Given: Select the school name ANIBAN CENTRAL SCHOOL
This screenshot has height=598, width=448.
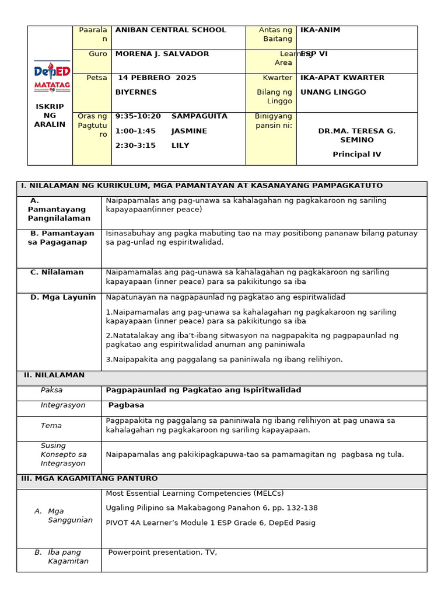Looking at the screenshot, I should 170,30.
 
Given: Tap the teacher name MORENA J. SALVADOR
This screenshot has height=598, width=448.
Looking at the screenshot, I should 162,54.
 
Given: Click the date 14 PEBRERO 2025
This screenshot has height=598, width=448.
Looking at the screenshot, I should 157,78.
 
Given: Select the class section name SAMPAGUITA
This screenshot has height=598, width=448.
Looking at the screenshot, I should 199,116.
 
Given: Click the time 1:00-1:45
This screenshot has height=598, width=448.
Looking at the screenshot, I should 135,131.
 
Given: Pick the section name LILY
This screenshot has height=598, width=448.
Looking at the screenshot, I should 180,145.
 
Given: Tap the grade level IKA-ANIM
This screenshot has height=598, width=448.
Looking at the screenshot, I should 320,30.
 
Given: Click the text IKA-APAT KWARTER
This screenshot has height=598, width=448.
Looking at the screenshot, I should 342,78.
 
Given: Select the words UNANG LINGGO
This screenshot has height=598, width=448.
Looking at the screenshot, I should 333,92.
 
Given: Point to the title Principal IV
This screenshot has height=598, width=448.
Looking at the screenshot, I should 356,154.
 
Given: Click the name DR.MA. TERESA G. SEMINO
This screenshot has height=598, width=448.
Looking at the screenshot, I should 356,135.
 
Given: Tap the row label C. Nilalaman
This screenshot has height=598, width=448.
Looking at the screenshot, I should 57,272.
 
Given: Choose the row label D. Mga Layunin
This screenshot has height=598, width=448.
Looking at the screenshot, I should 63,297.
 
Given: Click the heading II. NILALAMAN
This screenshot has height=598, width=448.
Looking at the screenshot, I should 54,375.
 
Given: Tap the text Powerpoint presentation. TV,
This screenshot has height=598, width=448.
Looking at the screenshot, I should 163,552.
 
